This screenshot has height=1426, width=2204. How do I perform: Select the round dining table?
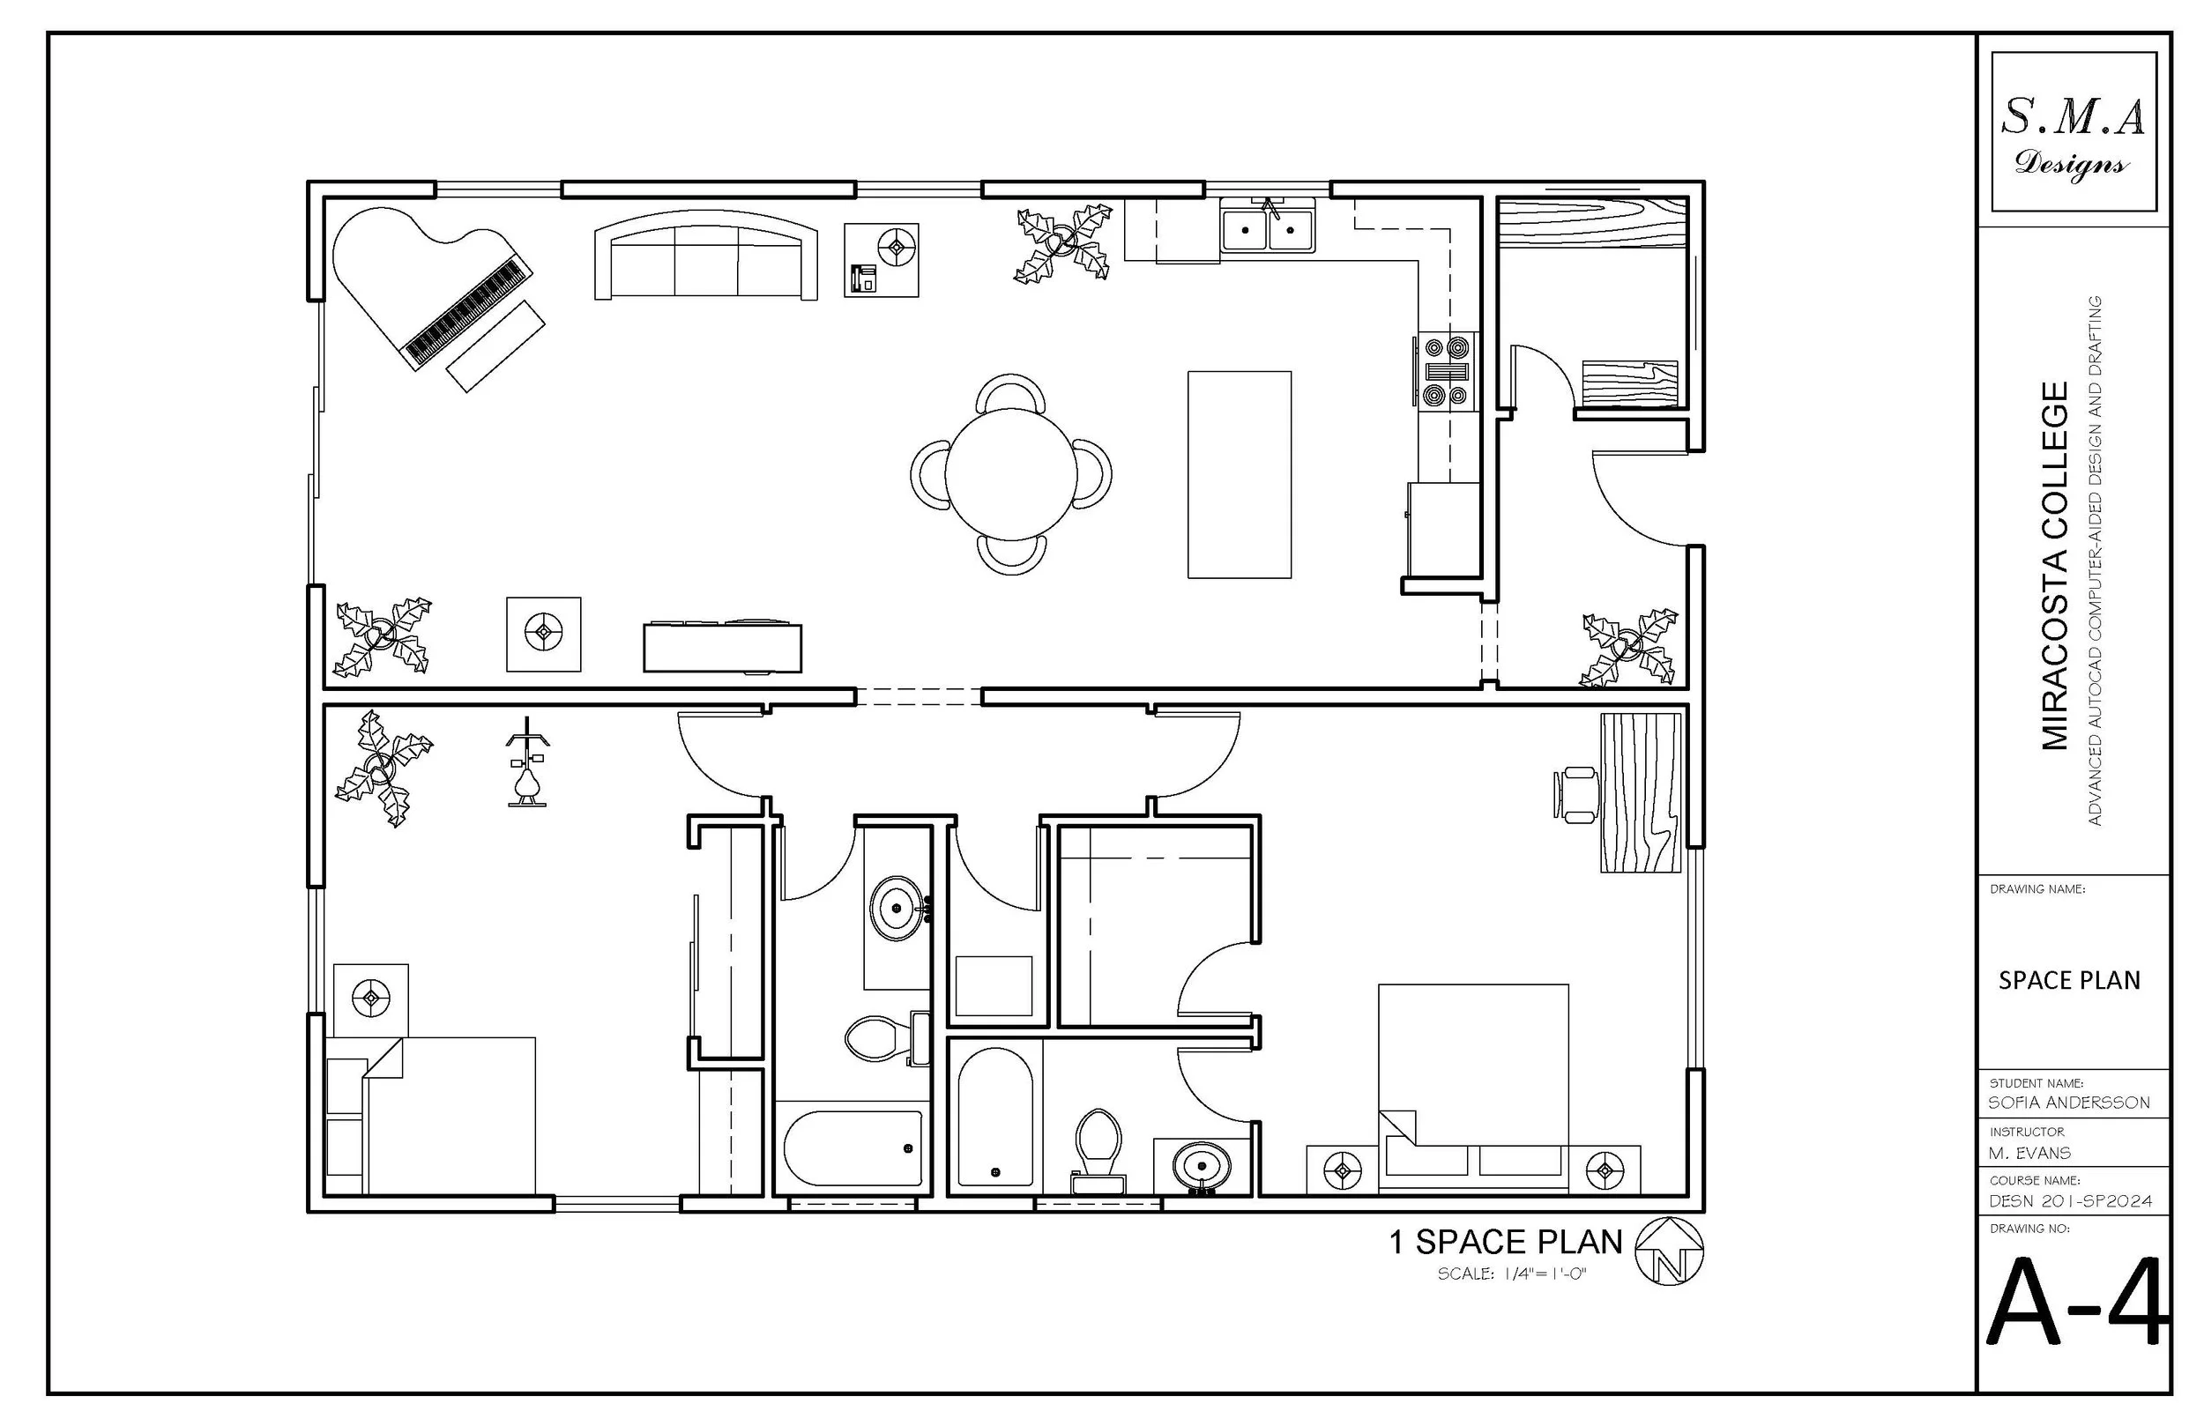(x=1010, y=473)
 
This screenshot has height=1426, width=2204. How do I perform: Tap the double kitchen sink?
(x=1268, y=227)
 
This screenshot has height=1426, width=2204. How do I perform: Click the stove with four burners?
(x=1448, y=371)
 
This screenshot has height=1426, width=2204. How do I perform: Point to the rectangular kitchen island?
(x=1239, y=474)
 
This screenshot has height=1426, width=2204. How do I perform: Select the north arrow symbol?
(x=1670, y=1251)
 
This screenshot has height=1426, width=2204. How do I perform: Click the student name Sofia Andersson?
(x=2069, y=1102)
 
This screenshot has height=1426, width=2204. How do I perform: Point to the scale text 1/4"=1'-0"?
(x=1511, y=1274)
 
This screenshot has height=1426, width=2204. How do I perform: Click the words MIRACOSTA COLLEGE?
(x=2054, y=565)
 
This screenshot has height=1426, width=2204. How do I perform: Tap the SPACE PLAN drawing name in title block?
(x=2069, y=981)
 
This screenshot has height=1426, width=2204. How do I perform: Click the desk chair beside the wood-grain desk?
(x=1575, y=793)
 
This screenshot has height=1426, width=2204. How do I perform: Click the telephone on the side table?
(x=863, y=278)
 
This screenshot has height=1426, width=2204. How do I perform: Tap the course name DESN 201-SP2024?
(x=2070, y=1201)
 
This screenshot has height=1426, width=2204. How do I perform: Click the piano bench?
(x=495, y=345)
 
